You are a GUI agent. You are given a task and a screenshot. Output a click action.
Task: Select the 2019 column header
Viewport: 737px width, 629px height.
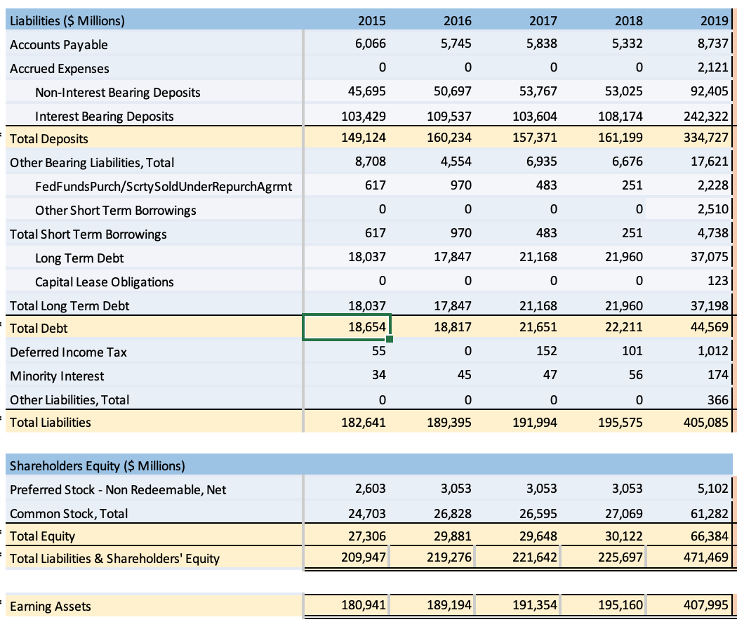716,20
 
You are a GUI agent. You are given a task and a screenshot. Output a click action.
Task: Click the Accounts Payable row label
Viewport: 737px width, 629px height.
59,44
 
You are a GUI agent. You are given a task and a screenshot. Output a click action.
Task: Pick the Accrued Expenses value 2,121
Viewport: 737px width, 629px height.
715,67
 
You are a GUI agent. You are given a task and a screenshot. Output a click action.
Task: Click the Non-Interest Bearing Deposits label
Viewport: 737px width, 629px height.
117,92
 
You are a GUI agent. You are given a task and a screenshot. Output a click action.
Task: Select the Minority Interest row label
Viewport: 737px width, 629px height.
57,376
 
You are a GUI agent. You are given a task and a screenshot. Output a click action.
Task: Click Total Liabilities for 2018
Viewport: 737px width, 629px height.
623,422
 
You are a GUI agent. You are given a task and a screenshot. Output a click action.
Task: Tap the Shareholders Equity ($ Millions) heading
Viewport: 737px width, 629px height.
98,465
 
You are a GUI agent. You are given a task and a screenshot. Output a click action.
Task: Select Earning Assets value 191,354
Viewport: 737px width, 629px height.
537,606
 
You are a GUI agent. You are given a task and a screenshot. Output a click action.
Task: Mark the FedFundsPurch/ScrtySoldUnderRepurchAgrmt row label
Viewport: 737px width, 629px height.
164,186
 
